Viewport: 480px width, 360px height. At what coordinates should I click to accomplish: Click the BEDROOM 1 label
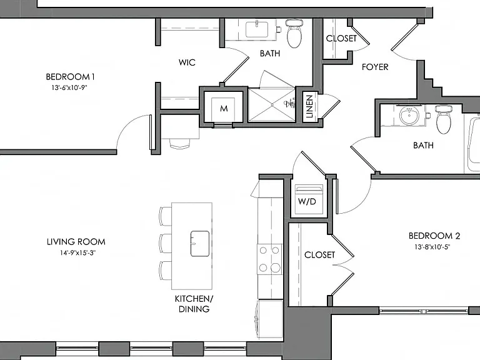(x=70, y=76)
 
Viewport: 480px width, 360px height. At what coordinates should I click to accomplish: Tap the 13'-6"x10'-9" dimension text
(x=69, y=87)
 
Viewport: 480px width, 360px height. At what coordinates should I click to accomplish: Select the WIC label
(x=187, y=62)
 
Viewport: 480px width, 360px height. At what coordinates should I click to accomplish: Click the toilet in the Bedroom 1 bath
(x=294, y=33)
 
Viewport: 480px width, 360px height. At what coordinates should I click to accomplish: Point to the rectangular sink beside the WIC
(x=257, y=29)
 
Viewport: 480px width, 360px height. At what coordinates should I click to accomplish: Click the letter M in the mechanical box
(x=224, y=108)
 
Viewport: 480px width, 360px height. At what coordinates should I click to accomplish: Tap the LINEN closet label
(x=309, y=106)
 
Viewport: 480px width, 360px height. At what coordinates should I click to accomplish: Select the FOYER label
(x=375, y=67)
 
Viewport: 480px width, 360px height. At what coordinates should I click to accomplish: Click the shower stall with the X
(x=272, y=105)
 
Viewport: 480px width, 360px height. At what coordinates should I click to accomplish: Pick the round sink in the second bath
(x=409, y=116)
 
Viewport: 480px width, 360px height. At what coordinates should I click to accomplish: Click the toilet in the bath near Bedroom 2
(x=443, y=119)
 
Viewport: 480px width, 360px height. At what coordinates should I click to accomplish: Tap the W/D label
(x=307, y=201)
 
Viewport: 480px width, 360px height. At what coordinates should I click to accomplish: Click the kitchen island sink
(x=200, y=244)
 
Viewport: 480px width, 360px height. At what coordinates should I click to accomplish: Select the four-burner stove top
(x=269, y=259)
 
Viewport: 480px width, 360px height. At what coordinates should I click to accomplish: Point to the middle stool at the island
(x=165, y=243)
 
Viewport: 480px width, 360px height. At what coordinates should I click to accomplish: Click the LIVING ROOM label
(x=76, y=242)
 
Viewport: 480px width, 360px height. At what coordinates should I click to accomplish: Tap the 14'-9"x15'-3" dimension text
(x=77, y=253)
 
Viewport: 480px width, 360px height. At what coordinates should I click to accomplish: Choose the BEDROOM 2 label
(x=434, y=236)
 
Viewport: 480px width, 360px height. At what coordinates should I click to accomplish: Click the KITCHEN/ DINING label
(x=194, y=304)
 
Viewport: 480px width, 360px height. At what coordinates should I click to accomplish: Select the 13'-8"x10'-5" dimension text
(x=432, y=247)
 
